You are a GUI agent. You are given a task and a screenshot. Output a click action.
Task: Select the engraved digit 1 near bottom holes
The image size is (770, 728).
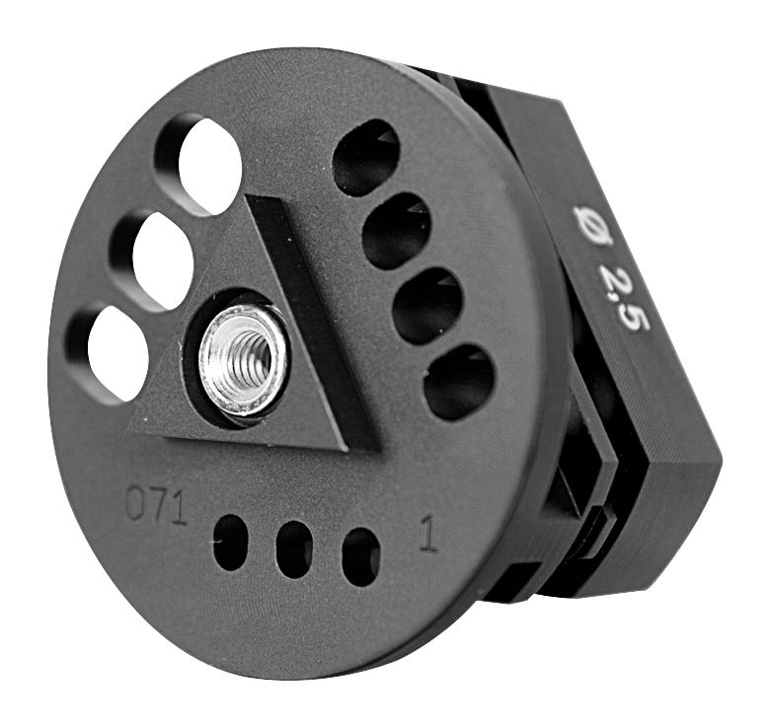(427, 534)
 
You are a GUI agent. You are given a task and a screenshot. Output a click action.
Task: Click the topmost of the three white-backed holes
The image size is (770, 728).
(209, 166)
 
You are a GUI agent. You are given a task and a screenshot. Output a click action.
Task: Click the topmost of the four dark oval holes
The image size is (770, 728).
(366, 158)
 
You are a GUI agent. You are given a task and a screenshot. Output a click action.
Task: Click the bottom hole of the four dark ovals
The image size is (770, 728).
(459, 381)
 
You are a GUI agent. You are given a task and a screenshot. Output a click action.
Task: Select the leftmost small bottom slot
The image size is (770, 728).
(231, 543)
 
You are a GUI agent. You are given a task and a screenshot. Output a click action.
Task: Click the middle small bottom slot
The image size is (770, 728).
(294, 549)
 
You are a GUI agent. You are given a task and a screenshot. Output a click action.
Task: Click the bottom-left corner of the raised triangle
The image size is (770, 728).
(131, 428)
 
